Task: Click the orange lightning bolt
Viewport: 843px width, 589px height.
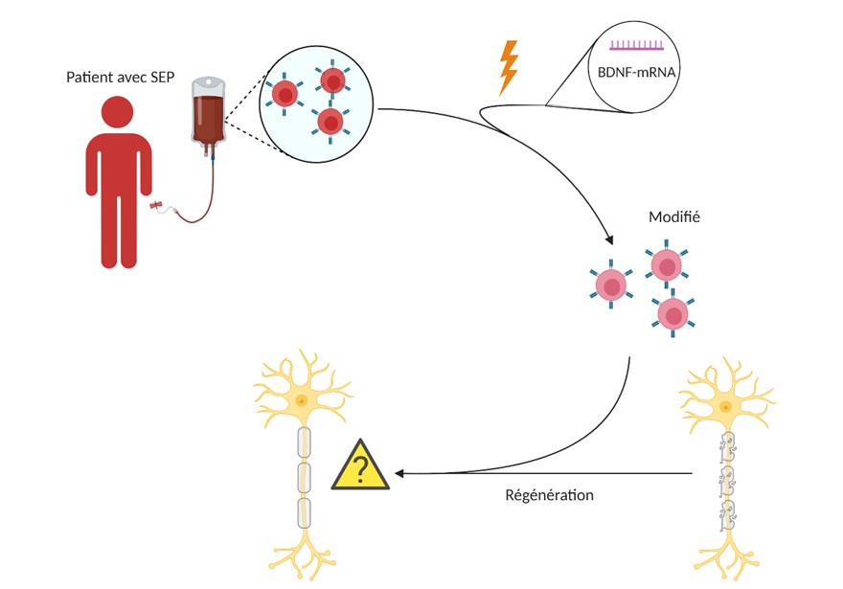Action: pyautogui.click(x=509, y=68)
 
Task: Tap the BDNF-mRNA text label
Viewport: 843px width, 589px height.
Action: pyautogui.click(x=636, y=72)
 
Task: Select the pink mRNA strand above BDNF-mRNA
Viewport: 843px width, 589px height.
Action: pyautogui.click(x=636, y=45)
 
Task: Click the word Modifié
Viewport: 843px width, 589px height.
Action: pyautogui.click(x=674, y=216)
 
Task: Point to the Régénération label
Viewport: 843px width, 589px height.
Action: pyautogui.click(x=550, y=495)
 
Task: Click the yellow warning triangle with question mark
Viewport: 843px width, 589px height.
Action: pyautogui.click(x=360, y=465)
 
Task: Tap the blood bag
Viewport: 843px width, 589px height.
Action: pyautogui.click(x=209, y=116)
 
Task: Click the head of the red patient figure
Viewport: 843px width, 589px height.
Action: pyautogui.click(x=117, y=112)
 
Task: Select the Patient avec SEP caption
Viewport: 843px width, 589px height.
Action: pyautogui.click(x=121, y=78)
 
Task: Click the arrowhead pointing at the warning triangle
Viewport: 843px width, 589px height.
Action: pyautogui.click(x=399, y=473)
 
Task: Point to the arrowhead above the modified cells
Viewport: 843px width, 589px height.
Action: pyautogui.click(x=609, y=238)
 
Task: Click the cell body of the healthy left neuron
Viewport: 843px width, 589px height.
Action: pyautogui.click(x=302, y=401)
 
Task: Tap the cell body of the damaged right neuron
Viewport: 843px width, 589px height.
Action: pyautogui.click(x=726, y=407)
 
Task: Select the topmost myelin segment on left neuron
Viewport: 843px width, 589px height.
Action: pyautogui.click(x=305, y=442)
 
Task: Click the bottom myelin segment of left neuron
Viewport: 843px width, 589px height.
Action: pyautogui.click(x=305, y=513)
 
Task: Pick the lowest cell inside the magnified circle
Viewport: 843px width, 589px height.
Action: pyautogui.click(x=330, y=123)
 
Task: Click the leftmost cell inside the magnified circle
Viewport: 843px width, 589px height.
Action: pyautogui.click(x=285, y=95)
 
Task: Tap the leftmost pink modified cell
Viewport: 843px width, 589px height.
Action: pyautogui.click(x=611, y=285)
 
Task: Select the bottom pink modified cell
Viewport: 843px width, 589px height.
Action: pyautogui.click(x=672, y=314)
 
